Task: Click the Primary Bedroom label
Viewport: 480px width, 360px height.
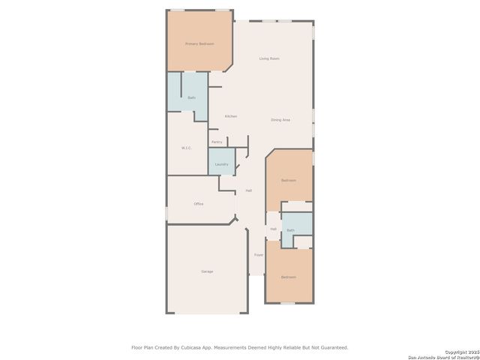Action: pyautogui.click(x=199, y=44)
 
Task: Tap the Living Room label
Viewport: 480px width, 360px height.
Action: pyautogui.click(x=269, y=58)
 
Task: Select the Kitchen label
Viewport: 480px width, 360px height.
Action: pyautogui.click(x=231, y=116)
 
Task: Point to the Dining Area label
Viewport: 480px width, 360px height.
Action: pyautogui.click(x=280, y=120)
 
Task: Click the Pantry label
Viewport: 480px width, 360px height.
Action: pyautogui.click(x=217, y=142)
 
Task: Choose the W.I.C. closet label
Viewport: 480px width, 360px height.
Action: pyautogui.click(x=187, y=148)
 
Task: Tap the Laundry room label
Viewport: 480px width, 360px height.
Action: pyautogui.click(x=221, y=164)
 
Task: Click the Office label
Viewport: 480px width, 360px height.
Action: pyautogui.click(x=199, y=204)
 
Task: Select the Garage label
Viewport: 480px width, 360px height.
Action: pyautogui.click(x=207, y=271)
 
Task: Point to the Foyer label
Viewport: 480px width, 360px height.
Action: pyautogui.click(x=259, y=255)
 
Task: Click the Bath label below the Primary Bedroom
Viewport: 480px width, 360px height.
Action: pyautogui.click(x=192, y=98)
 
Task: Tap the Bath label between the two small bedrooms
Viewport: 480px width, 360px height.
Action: pyautogui.click(x=290, y=230)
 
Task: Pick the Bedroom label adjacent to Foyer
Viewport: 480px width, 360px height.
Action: pyautogui.click(x=289, y=277)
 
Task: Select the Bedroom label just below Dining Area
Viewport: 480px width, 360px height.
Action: pyautogui.click(x=289, y=181)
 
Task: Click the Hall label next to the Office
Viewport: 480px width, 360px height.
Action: pyautogui.click(x=248, y=190)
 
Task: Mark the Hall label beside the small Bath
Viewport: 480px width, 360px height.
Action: pyautogui.click(x=273, y=229)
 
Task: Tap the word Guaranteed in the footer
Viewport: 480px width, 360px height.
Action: pyautogui.click(x=331, y=347)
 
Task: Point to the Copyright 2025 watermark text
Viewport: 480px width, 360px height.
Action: pyautogui.click(x=460, y=351)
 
